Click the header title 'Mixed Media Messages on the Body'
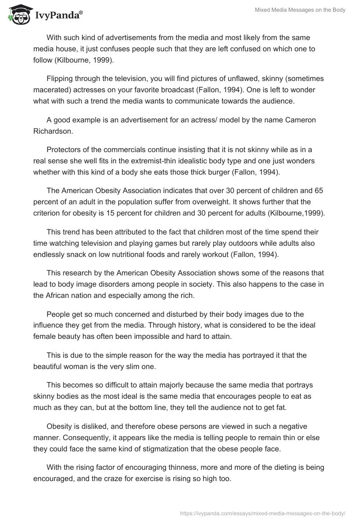coord(300,10)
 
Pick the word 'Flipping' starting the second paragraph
coord(60,79)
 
